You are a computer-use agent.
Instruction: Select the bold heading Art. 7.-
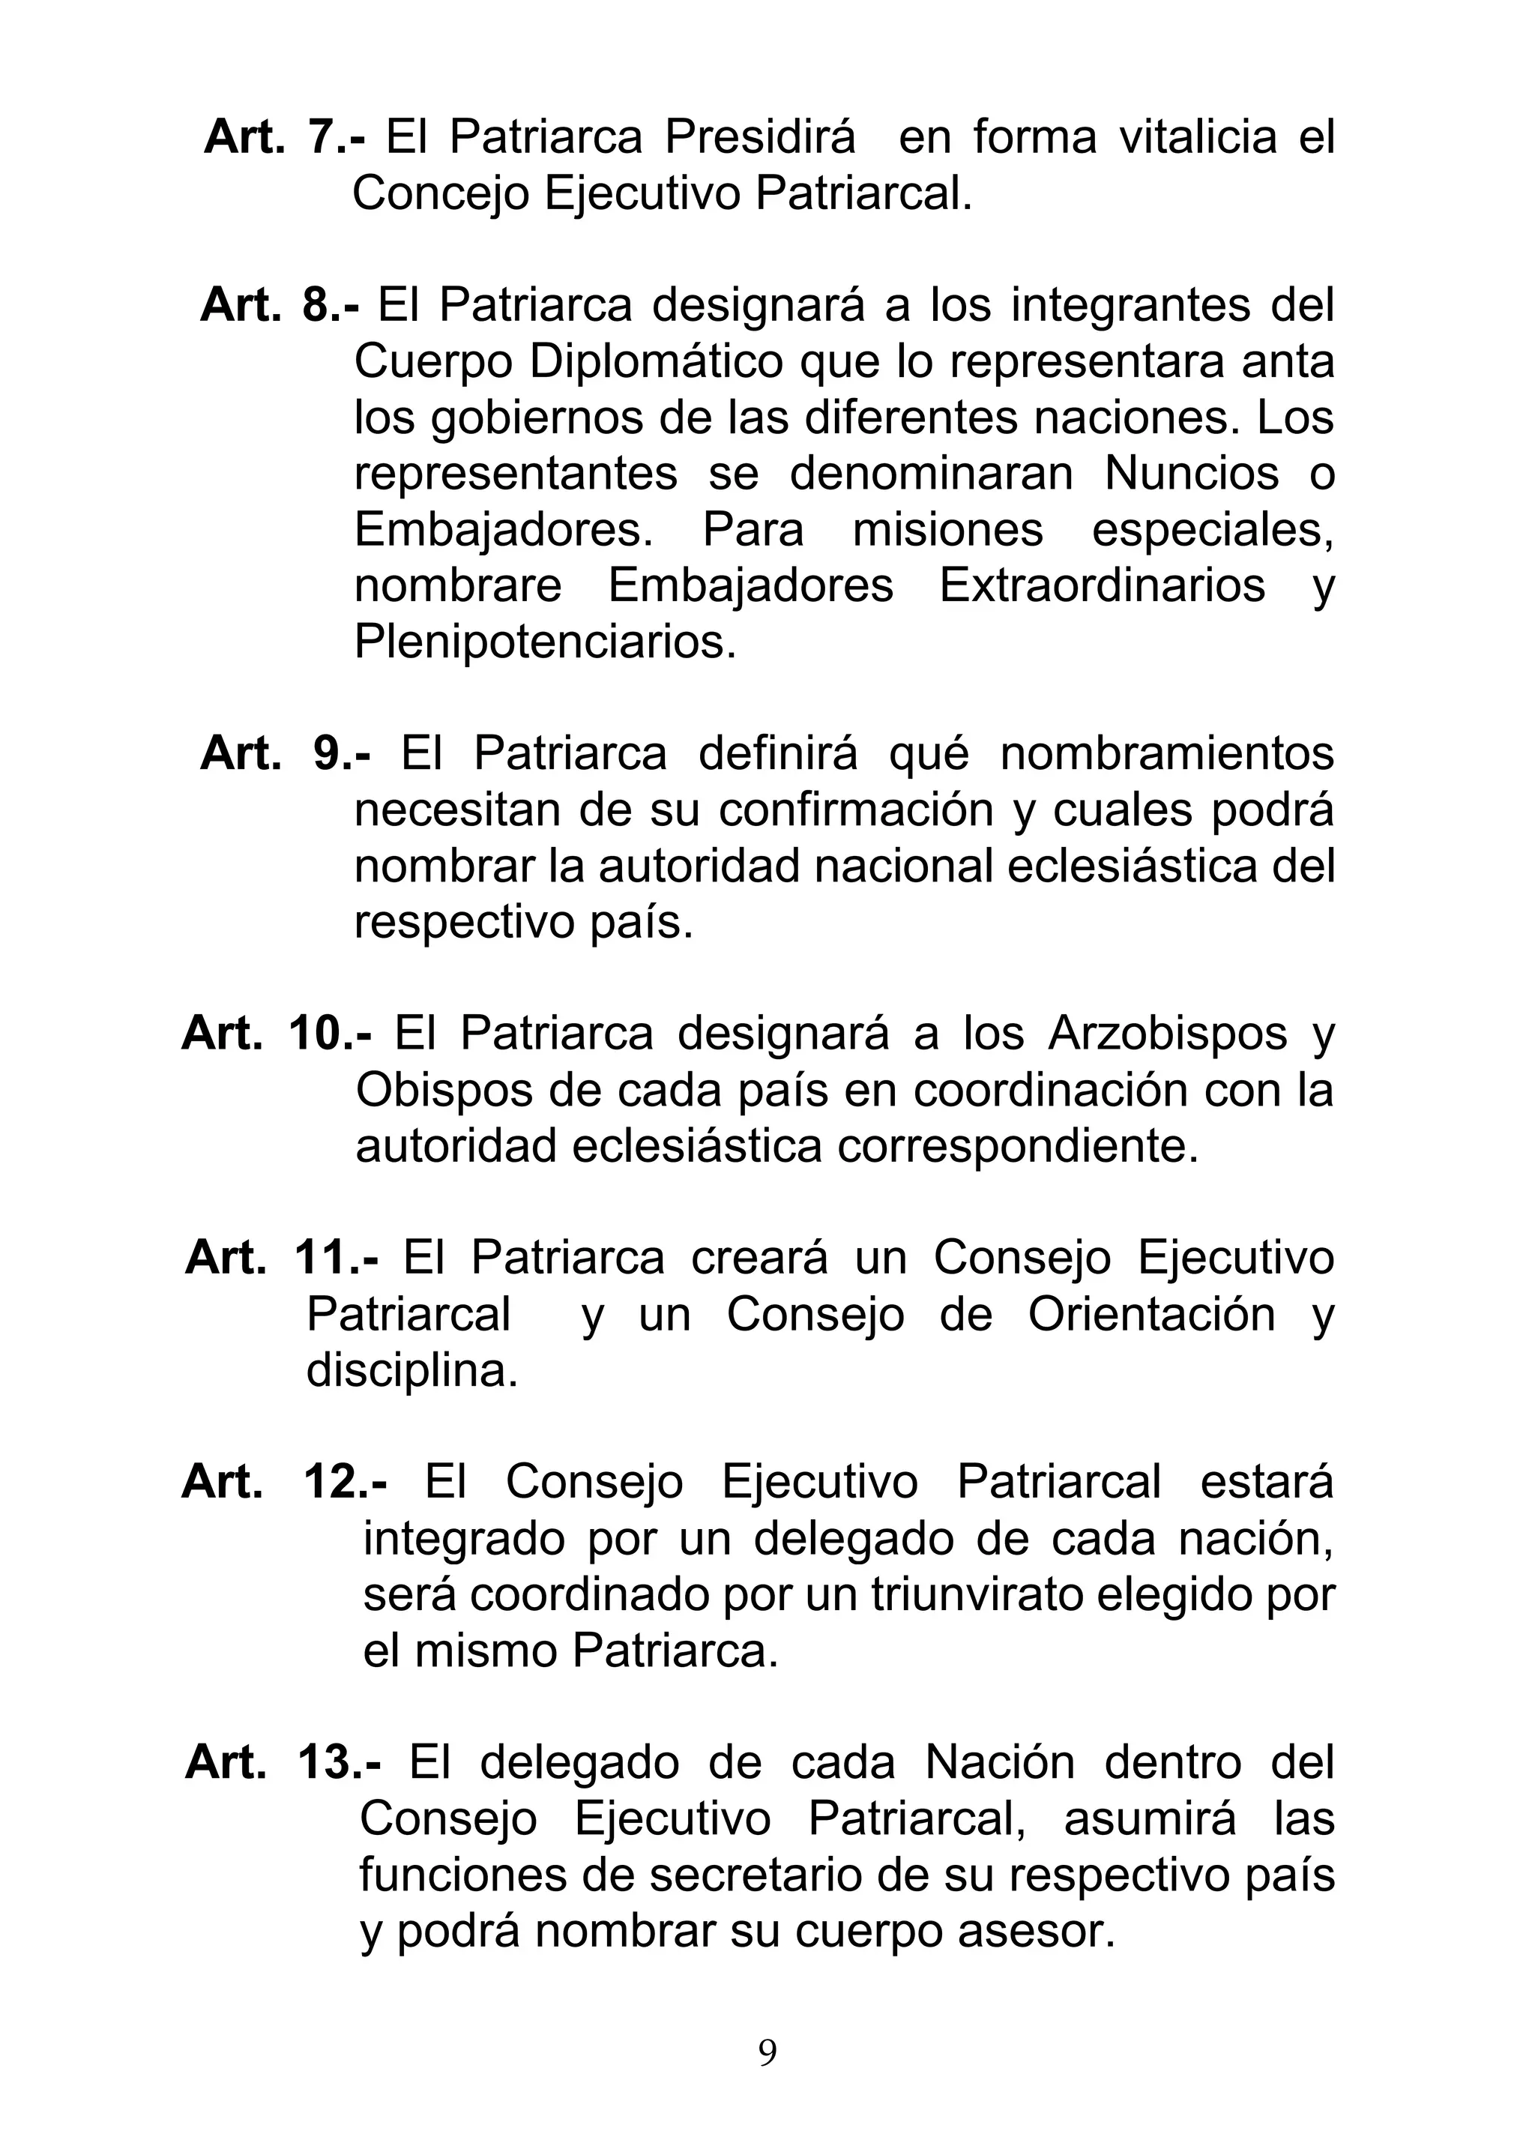[x=285, y=137]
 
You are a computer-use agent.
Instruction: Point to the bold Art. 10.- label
[x=277, y=1033]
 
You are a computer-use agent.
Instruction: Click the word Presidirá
[x=760, y=137]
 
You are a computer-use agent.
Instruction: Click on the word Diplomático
[x=656, y=362]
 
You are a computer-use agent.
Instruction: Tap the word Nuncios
[x=1191, y=474]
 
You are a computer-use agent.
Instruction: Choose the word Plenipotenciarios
[x=543, y=642]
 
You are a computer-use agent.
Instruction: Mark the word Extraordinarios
[x=1102, y=585]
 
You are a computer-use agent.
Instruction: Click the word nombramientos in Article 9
[x=1167, y=754]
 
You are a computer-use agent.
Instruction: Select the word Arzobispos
[x=1167, y=1034]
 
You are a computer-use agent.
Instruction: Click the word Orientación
[x=1151, y=1315]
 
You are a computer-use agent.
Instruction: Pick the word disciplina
[x=411, y=1371]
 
